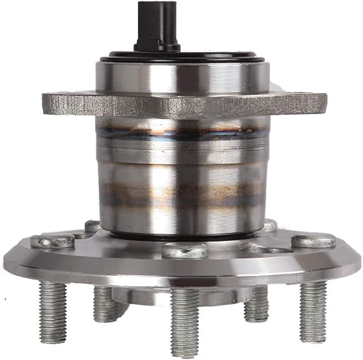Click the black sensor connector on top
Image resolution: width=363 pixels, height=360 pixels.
pos(156,25)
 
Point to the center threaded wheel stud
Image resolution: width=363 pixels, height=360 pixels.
pos(184,319)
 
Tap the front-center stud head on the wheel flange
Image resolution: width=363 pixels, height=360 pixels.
pos(183,250)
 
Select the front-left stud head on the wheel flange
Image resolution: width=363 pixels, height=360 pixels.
pos(55,242)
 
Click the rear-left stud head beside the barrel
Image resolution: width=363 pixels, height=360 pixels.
pos(93,226)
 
